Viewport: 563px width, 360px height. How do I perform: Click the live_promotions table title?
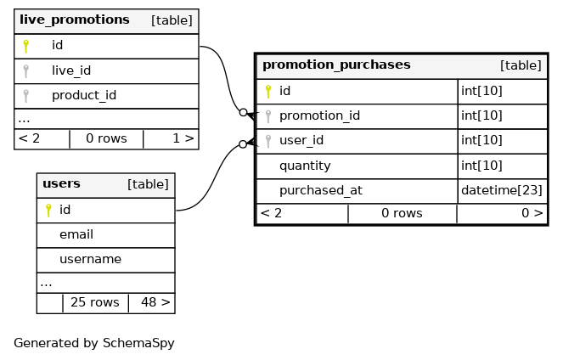tap(74, 20)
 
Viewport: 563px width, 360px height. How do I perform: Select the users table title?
tap(61, 183)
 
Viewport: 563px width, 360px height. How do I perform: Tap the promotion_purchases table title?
tap(336, 65)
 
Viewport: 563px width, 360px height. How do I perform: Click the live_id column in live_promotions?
tap(71, 70)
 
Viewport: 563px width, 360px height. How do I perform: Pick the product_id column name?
tap(83, 95)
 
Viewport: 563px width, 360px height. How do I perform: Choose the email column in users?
tap(76, 234)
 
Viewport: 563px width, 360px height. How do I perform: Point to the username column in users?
tap(90, 259)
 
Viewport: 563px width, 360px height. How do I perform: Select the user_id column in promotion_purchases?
tap(302, 140)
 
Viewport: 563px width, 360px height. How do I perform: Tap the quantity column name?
tap(305, 166)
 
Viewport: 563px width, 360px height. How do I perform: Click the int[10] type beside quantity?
tap(481, 166)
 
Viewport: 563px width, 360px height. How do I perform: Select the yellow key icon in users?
tap(48, 209)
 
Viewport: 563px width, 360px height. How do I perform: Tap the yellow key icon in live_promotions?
tap(26, 45)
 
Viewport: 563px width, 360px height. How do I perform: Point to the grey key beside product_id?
tap(26, 95)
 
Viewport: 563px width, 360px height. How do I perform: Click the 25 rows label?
tap(94, 301)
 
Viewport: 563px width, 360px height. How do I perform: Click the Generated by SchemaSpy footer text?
tap(93, 343)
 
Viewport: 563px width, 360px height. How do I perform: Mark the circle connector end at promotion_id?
tap(243, 112)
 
